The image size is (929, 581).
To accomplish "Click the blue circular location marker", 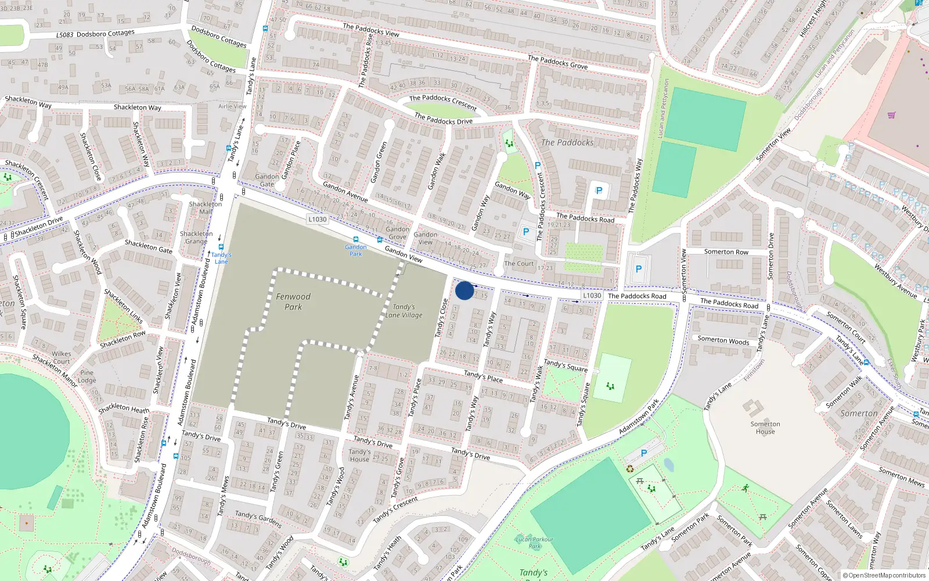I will [464, 290].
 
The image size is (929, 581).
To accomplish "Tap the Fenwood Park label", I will [293, 302].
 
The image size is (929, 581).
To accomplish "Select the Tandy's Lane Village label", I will [404, 311].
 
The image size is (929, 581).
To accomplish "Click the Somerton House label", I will [765, 428].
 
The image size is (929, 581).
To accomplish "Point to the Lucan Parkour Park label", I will [535, 543].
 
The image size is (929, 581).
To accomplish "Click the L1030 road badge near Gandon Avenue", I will [317, 219].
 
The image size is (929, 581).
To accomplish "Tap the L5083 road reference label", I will [65, 35].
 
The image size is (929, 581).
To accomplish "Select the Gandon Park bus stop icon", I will [355, 240].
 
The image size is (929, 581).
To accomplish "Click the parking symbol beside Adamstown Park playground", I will [643, 453].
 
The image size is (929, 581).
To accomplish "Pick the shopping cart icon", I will [891, 115].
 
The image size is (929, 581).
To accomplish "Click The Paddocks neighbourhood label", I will [567, 142].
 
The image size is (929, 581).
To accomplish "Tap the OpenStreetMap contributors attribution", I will [884, 575].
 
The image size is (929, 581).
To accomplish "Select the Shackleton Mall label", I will [206, 208].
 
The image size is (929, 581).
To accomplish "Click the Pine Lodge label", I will [87, 376].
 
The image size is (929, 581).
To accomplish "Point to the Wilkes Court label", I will [62, 357].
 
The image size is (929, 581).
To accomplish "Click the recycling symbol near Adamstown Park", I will [630, 468].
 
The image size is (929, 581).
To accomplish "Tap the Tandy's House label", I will [359, 456].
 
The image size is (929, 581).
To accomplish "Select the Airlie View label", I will [232, 106].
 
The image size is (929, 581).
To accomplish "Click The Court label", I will [518, 263].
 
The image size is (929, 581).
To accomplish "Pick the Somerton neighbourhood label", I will [859, 413].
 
